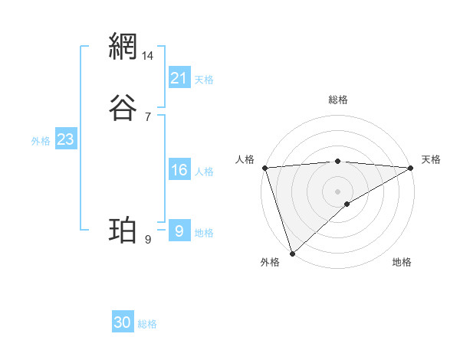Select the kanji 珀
click(123, 230)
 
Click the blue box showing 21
click(179, 77)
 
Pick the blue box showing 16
click(179, 170)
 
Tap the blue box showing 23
click(65, 139)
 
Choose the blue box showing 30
click(123, 322)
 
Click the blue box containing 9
click(179, 231)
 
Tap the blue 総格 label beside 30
click(147, 324)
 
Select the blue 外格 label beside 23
click(40, 141)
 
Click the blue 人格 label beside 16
click(205, 172)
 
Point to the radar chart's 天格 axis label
click(431, 159)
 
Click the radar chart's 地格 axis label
click(402, 262)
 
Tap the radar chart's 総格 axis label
click(338, 100)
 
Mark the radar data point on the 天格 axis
click(412, 168)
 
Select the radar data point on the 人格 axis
click(264, 168)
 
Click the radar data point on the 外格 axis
click(292, 254)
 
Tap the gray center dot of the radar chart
click(338, 191)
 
